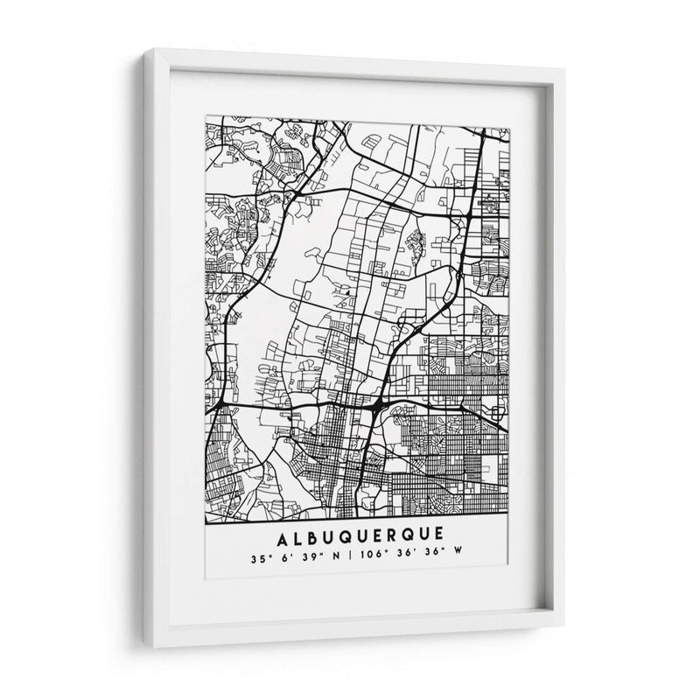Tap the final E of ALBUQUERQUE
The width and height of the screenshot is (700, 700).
coord(437,533)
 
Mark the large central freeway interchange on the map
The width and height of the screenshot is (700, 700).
coord(375,406)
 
